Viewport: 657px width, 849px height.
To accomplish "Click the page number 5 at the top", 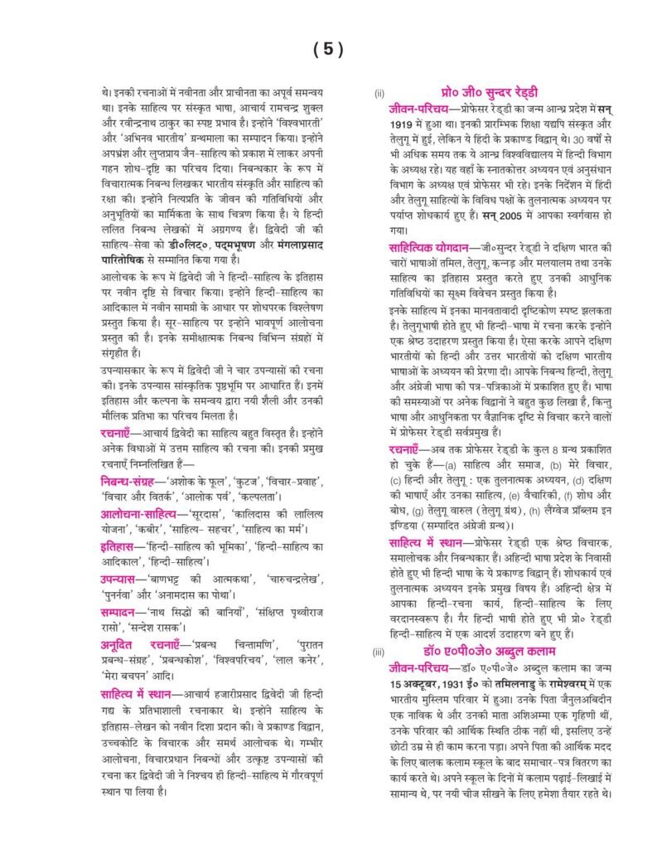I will [328, 50].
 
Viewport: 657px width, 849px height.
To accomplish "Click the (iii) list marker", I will [379, 652].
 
